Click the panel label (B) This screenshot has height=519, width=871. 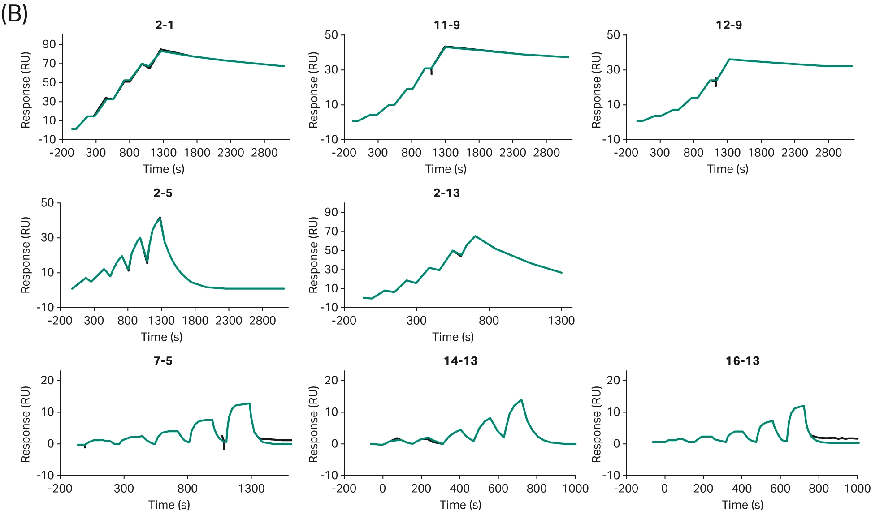pos(14,14)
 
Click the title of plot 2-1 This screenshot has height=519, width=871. pos(165,25)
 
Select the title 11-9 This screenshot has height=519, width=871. pos(446,25)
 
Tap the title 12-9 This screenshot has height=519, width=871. pos(728,25)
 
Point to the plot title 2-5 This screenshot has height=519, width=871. pos(163,193)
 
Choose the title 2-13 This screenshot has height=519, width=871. pos(446,193)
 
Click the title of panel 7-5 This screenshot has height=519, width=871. pos(163,361)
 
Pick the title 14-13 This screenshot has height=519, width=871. pos(460,361)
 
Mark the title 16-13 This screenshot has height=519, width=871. pos(742,361)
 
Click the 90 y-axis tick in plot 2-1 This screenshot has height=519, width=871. pos(49,44)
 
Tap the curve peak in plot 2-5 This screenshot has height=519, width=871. pos(160,218)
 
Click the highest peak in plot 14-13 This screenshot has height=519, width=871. pos(521,399)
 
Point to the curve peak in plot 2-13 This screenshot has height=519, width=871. pos(475,236)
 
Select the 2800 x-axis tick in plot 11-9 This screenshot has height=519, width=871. pos(546,153)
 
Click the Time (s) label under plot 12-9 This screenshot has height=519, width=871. pos(727,169)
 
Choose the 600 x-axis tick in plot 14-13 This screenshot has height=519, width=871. pos(498,489)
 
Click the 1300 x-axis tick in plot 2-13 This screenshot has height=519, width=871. pos(561,321)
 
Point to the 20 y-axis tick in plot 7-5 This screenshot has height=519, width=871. pos(48,380)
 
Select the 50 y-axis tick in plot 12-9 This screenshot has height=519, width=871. pos(613,35)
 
